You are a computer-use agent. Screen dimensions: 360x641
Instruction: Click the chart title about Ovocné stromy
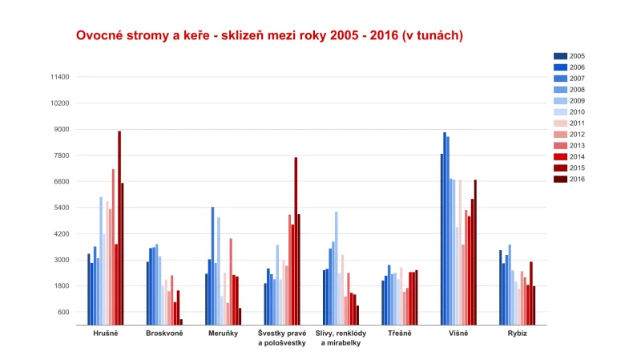[269, 36]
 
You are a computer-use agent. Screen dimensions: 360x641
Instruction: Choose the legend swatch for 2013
[560, 146]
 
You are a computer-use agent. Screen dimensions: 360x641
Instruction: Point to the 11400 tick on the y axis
[59, 77]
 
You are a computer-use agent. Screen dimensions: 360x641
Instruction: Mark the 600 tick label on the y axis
[63, 312]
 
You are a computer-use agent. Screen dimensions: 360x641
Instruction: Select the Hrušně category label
[105, 333]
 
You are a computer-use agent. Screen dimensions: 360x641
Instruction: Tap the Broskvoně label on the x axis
[164, 333]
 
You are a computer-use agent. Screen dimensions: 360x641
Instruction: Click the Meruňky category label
[223, 333]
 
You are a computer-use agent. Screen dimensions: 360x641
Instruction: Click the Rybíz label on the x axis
[517, 333]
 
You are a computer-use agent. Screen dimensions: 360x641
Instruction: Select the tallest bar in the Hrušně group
[119, 228]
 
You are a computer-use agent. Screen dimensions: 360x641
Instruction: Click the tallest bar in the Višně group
[445, 229]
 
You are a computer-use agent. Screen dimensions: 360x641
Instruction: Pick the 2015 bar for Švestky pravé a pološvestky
[296, 241]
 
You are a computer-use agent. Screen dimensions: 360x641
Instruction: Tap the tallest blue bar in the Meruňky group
[212, 265]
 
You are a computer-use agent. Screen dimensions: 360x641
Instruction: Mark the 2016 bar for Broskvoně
[181, 322]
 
